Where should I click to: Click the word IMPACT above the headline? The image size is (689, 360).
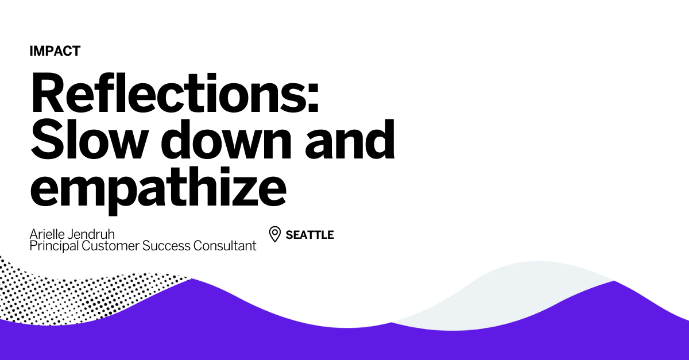pos(55,51)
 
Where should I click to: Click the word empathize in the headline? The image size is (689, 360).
pos(158,187)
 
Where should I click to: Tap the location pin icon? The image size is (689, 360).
pos(275,234)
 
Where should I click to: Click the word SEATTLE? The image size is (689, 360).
pos(309,235)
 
